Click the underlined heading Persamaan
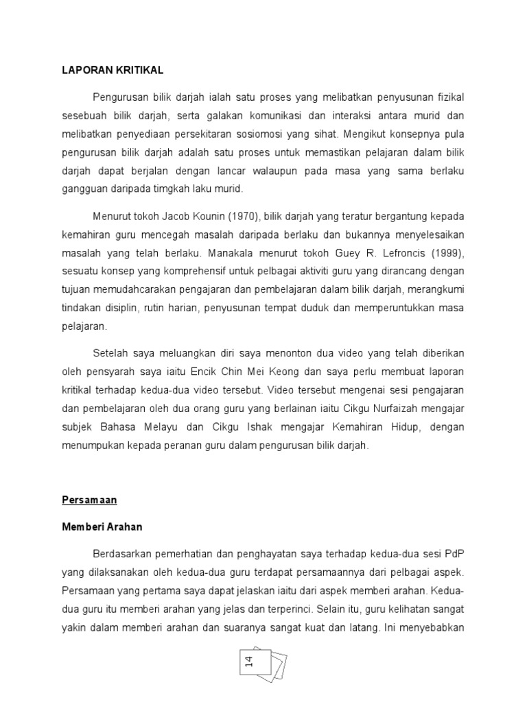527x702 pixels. pos(89,500)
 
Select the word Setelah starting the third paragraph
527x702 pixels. pos(110,353)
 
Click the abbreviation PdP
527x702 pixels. pos(454,553)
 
